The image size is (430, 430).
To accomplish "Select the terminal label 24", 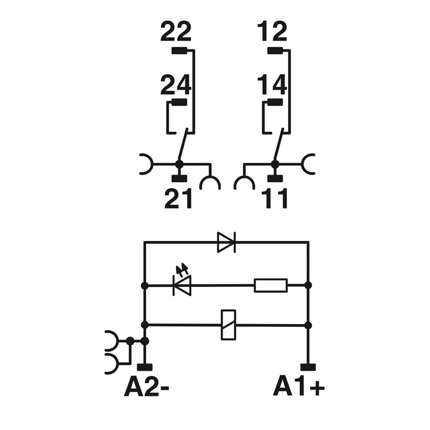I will coord(176,85).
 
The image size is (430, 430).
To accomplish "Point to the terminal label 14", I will coord(272,85).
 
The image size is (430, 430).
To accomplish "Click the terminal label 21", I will coord(178,199).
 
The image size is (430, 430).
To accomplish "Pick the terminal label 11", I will coord(274,199).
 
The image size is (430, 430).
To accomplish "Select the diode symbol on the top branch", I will coord(226,242).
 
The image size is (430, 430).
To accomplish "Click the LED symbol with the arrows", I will coord(182,285).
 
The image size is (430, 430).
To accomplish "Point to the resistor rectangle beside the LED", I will coord(271,285).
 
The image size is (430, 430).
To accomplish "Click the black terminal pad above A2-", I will coord(144,367).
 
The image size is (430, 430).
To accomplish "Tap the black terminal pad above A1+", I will coord(308,367).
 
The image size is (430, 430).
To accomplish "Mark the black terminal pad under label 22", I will coord(179,52).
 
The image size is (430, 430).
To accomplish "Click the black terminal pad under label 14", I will coord(275,102).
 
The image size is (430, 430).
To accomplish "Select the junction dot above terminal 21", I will coord(179,163).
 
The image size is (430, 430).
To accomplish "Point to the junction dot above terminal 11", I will coord(275,163).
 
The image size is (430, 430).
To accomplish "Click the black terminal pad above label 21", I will coord(179,179).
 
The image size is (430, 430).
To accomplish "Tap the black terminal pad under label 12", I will coord(275,52).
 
